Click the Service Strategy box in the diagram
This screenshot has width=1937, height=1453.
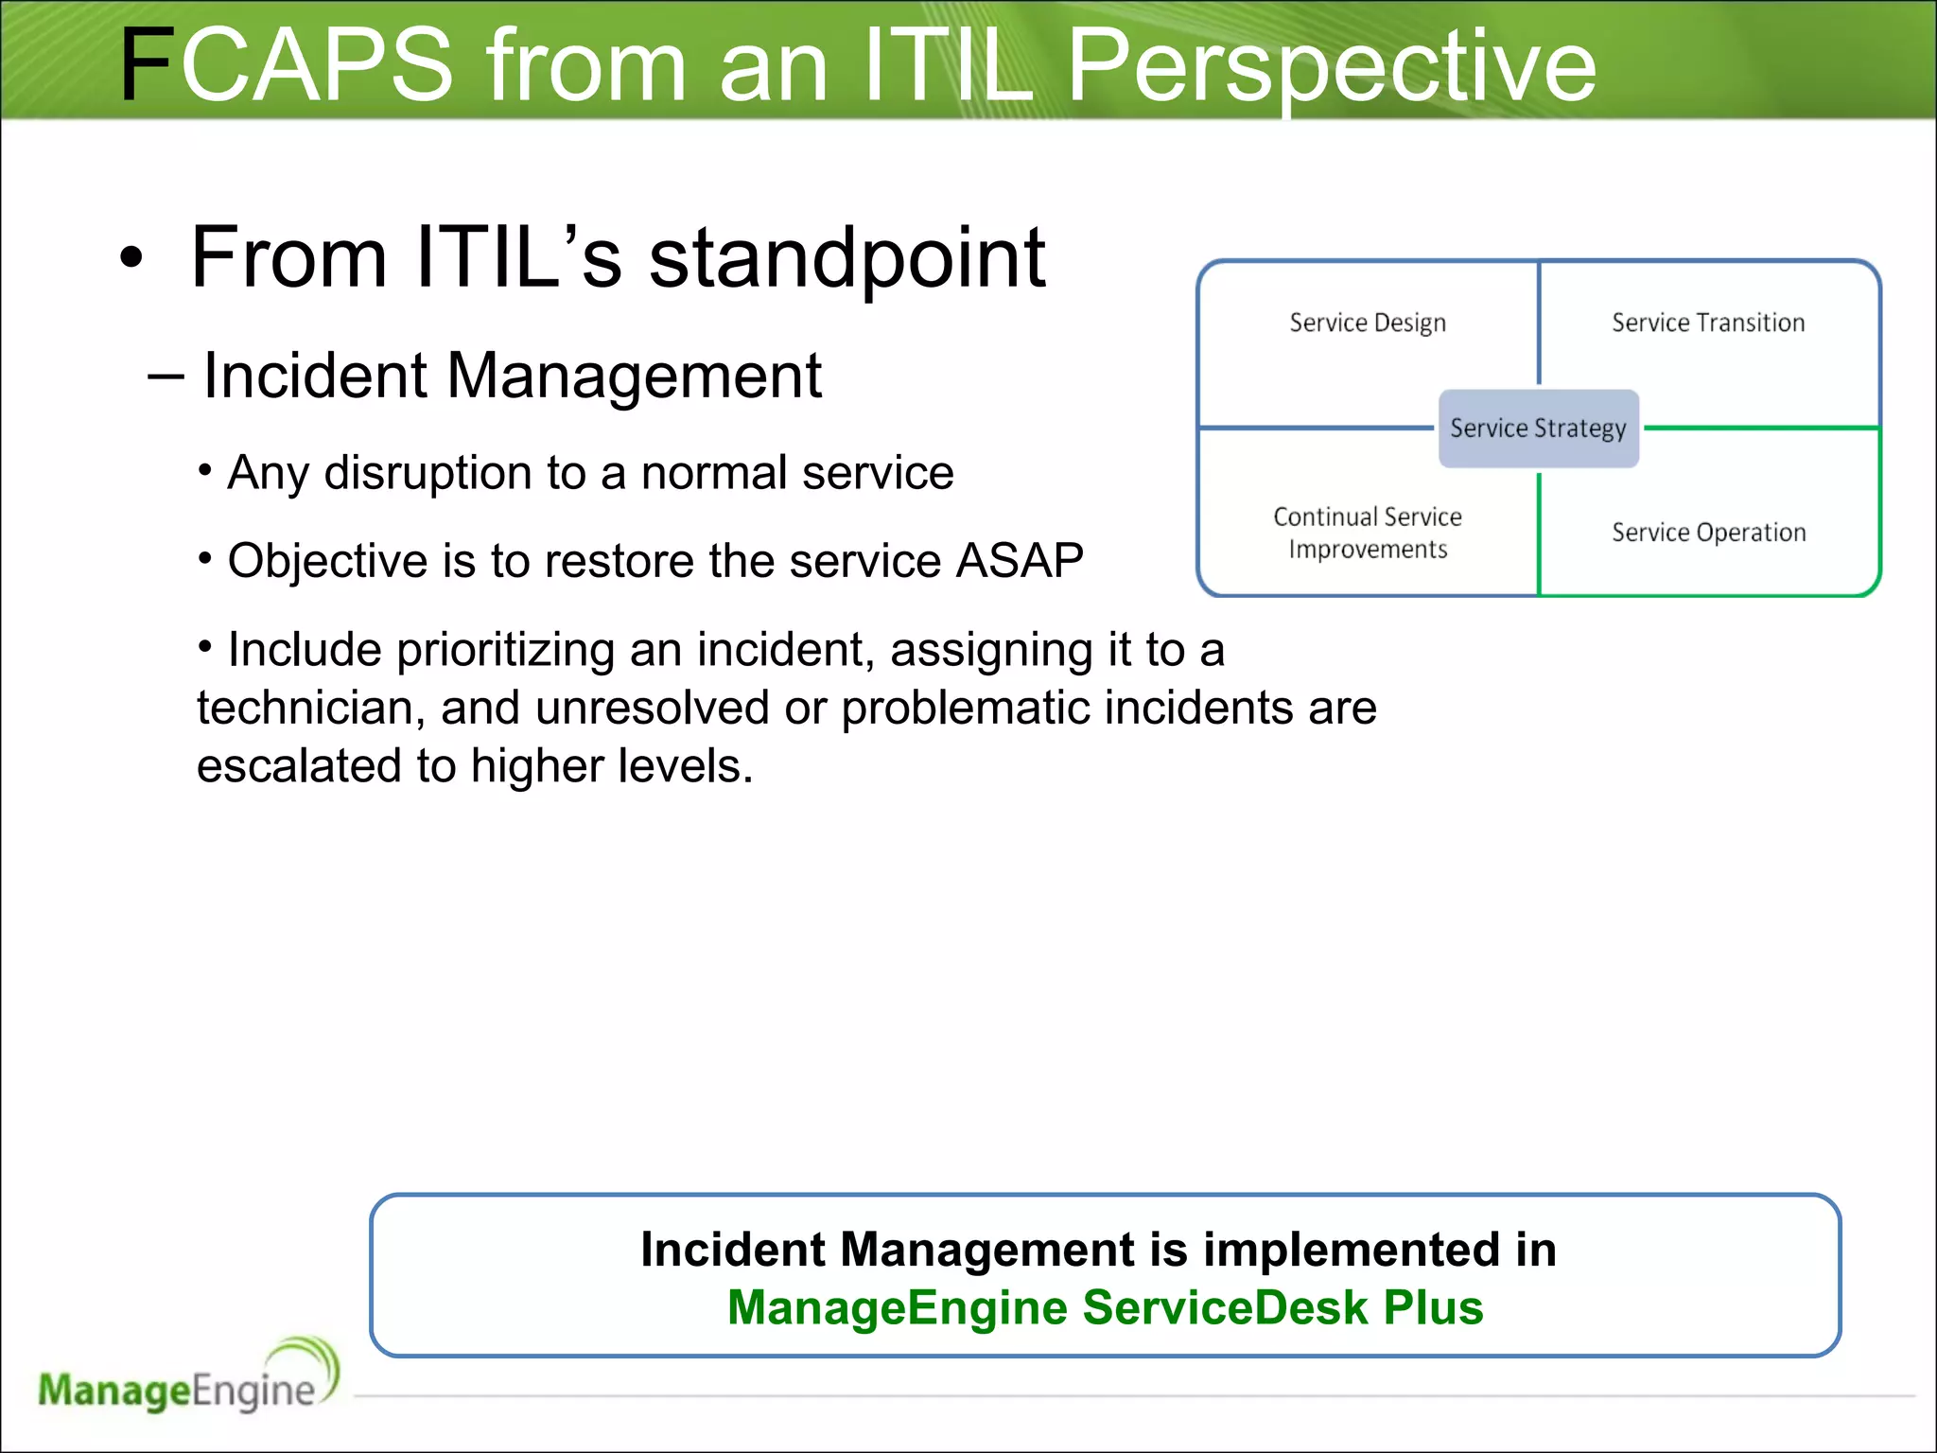[x=1538, y=429]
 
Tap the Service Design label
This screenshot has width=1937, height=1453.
[x=1368, y=323]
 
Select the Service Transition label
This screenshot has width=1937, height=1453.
[x=1708, y=323]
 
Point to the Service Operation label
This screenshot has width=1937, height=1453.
[x=1708, y=533]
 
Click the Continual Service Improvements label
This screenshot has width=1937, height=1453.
[x=1368, y=533]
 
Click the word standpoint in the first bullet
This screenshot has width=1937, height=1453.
[x=846, y=258]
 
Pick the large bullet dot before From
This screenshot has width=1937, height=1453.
[x=131, y=257]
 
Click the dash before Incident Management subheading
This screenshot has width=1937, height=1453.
[x=166, y=376]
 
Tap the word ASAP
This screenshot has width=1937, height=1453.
[x=1020, y=560]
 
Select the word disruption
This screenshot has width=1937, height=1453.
[x=428, y=472]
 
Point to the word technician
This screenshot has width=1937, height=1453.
[x=311, y=708]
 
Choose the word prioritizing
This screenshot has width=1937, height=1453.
[x=505, y=650]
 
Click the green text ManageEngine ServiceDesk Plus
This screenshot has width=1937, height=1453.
[x=1105, y=1307]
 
